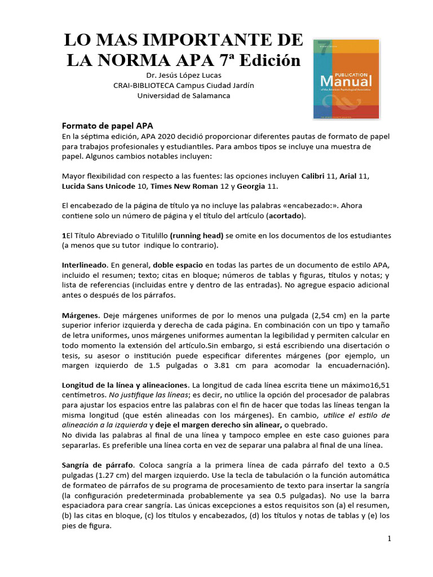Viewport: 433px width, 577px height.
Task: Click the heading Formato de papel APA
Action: tap(107, 125)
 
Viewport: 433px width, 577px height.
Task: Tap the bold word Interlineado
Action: tap(84, 265)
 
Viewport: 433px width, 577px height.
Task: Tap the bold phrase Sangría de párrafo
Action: tap(97, 465)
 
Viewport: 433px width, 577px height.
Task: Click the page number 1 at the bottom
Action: tap(389, 539)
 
